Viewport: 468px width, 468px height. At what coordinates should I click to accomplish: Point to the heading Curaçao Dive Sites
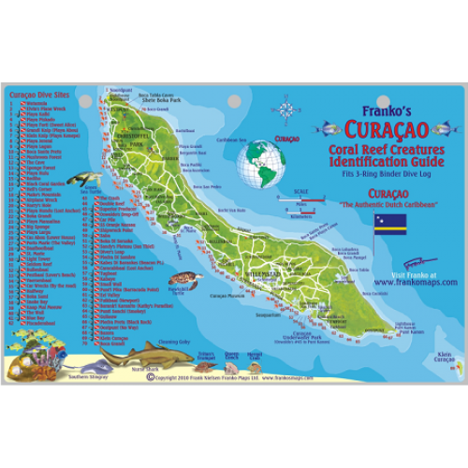click(37, 95)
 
